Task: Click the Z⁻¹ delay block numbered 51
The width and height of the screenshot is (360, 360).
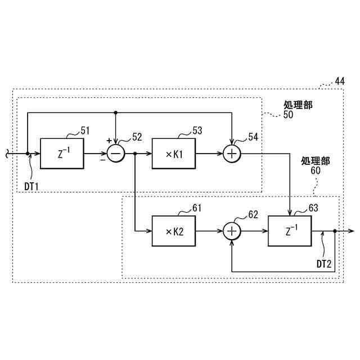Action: click(62, 153)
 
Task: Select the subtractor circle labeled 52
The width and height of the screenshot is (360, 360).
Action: click(115, 153)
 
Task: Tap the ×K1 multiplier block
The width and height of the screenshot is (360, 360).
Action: click(173, 153)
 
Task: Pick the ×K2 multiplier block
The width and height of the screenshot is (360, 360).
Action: click(173, 231)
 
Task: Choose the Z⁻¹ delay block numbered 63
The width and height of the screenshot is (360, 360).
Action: click(290, 231)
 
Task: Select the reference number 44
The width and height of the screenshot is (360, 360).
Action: click(339, 82)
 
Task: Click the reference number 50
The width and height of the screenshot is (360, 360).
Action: click(288, 114)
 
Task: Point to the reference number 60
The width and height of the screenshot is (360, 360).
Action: click(315, 170)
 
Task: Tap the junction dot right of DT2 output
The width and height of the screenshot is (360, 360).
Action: click(335, 231)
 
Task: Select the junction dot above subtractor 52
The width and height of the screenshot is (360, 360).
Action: click(115, 112)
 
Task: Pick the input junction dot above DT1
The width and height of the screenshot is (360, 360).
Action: click(28, 153)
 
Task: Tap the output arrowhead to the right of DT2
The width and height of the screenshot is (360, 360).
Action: click(350, 231)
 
